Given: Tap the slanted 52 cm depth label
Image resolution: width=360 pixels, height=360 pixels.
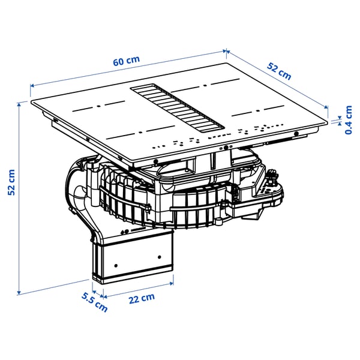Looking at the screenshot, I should click(280, 72).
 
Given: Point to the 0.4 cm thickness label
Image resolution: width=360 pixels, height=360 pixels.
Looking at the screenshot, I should click(348, 120).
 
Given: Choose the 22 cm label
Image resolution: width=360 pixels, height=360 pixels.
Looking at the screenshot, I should click(141, 298).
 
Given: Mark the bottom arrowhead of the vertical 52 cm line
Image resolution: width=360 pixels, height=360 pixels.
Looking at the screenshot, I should click(20, 292).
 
